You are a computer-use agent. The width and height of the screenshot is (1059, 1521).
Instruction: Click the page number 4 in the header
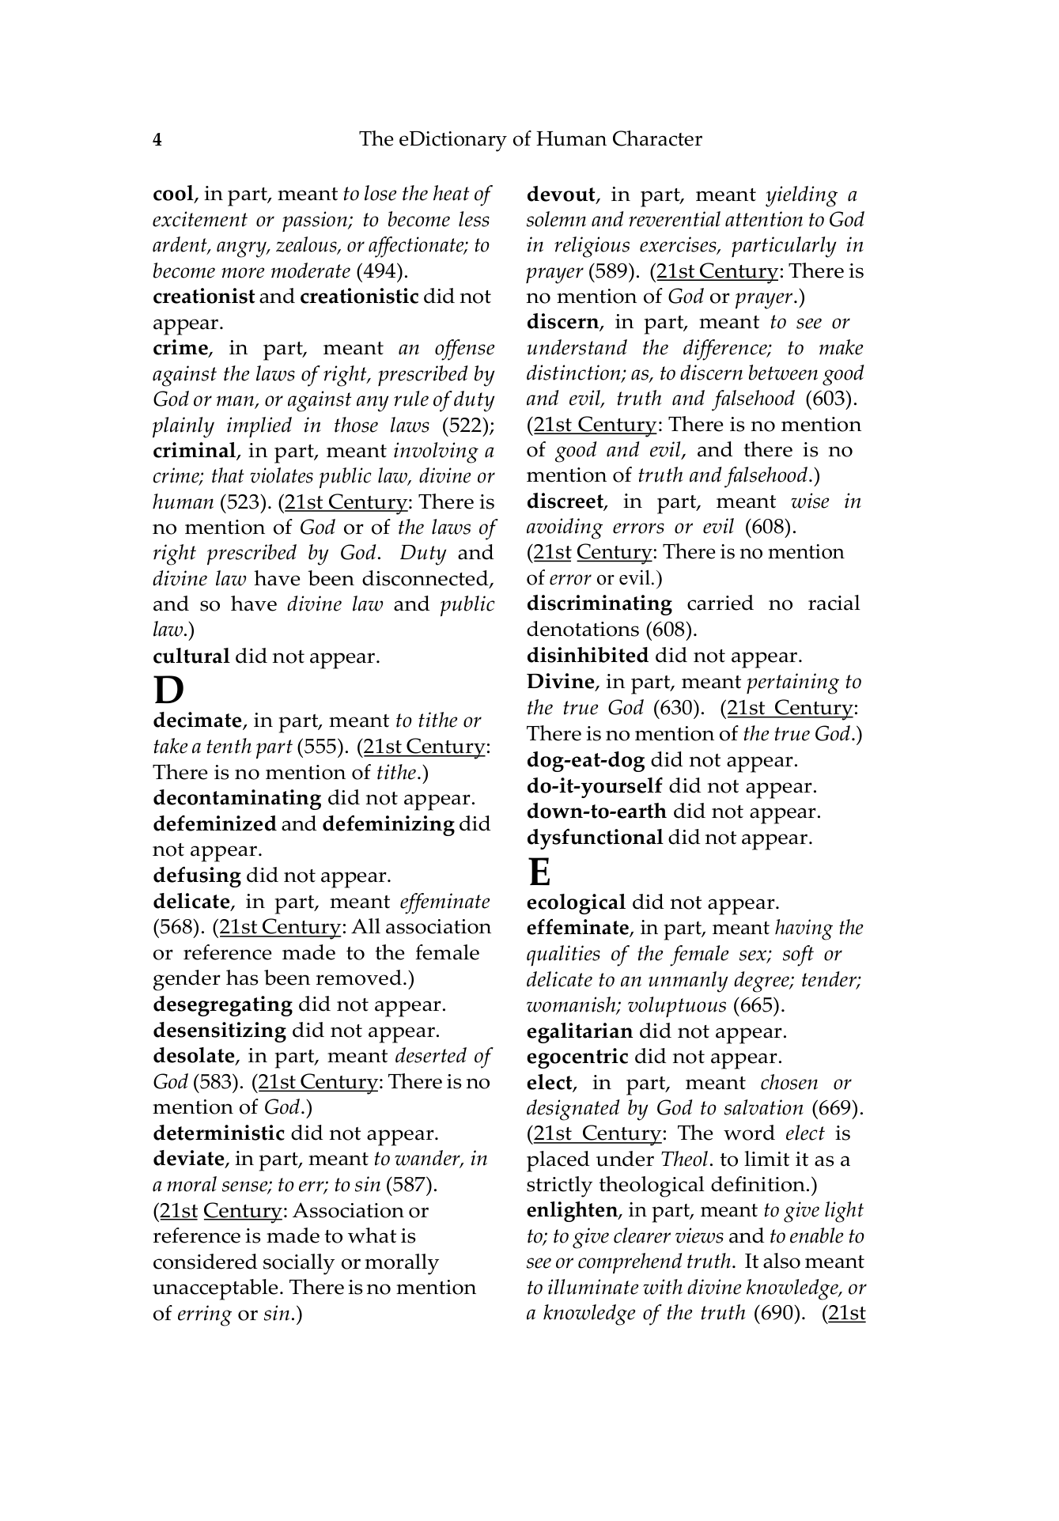click(157, 141)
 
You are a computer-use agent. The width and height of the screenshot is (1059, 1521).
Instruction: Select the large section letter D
click(168, 690)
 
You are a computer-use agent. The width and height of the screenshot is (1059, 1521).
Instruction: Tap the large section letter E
click(539, 872)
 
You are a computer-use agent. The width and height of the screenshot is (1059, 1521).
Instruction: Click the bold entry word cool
click(172, 195)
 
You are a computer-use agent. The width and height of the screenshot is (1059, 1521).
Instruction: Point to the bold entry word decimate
click(197, 721)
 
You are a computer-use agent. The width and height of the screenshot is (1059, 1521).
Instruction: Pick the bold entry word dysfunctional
click(594, 838)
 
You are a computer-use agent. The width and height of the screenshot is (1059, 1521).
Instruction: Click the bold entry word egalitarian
click(579, 1031)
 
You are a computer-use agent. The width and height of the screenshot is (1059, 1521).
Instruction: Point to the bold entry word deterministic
click(218, 1133)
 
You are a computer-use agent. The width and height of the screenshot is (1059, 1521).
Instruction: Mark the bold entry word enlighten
click(572, 1210)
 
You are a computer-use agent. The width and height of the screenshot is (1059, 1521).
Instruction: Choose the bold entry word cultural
click(191, 656)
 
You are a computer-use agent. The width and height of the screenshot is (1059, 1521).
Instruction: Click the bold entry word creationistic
click(359, 297)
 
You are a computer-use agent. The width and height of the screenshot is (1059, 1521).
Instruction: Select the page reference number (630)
click(679, 708)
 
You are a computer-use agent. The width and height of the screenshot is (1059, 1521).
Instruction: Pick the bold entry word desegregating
click(222, 1005)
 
